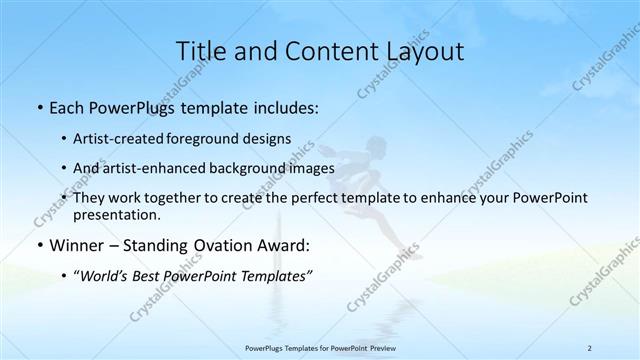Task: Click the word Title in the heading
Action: pyautogui.click(x=199, y=51)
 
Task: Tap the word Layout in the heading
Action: pyautogui.click(x=424, y=51)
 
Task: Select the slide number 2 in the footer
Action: pyautogui.click(x=589, y=347)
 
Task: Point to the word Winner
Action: pyautogui.click(x=75, y=244)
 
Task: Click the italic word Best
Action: pyautogui.click(x=152, y=275)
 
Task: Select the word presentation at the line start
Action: pyautogui.click(x=116, y=214)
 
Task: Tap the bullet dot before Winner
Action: pyautogui.click(x=38, y=244)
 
